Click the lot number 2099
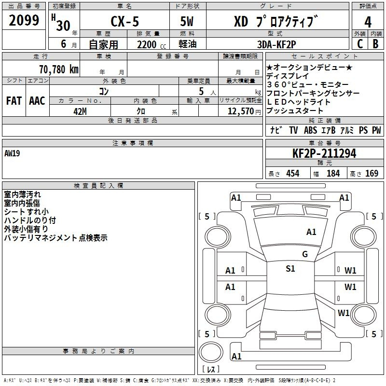point(24,20)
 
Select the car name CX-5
point(124,21)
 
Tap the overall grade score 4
point(368,22)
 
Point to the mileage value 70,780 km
point(59,69)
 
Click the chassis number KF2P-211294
point(324,153)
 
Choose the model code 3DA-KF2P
point(276,44)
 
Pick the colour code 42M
point(80,111)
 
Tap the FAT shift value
point(14,101)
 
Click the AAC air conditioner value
point(37,101)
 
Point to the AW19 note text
point(12,153)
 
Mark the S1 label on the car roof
point(290,269)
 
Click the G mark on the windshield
point(305,254)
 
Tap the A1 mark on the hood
point(311,232)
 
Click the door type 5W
point(187,21)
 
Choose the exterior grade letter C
point(360,44)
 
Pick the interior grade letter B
point(375,44)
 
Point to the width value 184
point(333,173)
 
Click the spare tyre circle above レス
point(211,352)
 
